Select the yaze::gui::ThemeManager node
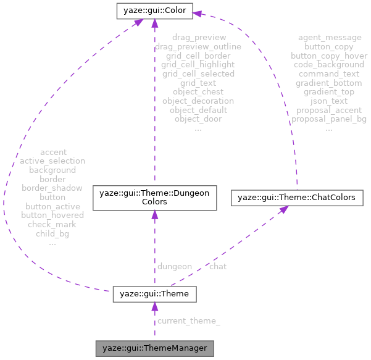pos(154,348)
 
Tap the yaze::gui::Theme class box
pos(154,294)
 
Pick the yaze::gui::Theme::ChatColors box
pos(296,198)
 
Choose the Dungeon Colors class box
pos(154,198)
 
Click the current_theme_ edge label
pos(188,321)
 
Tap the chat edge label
pos(217,266)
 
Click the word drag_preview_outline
pos(198,46)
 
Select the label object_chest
pos(198,91)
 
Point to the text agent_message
pos(330,38)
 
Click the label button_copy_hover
pos(329,56)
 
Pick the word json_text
pos(329,101)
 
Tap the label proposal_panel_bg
pos(329,119)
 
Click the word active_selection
pos(52,161)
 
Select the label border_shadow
pos(52,188)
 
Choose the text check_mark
pos(52,224)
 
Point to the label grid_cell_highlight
pos(198,64)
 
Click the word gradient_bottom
pos(329,83)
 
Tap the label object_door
pos(198,119)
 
